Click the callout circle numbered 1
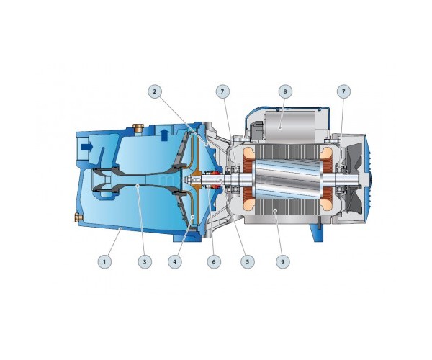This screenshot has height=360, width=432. pos(104,261)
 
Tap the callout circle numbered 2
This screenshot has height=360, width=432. pos(155,91)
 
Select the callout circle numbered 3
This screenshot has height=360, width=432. pos(145,261)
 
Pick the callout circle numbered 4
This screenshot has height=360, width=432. pos(175,261)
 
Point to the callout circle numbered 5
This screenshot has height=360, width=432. pos(248,261)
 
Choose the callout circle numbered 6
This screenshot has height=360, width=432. pos(214,261)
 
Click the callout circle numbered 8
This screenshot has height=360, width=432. pos(285,91)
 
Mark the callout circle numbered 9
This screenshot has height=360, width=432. pos(282,261)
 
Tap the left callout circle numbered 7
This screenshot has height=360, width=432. pos(222,91)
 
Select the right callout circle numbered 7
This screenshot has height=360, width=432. pos(343,91)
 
